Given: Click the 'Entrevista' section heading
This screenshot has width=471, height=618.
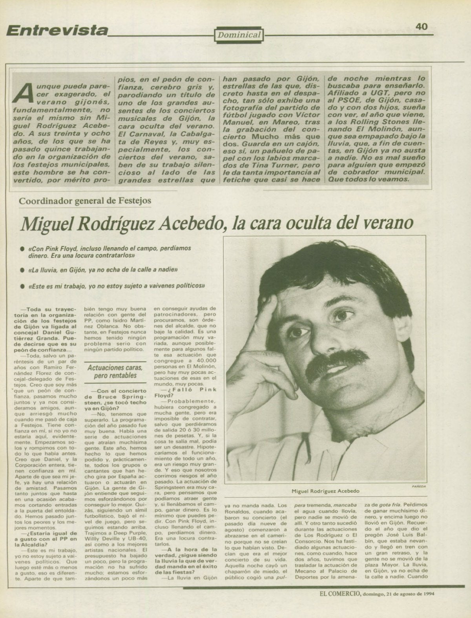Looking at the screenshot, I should [57, 30].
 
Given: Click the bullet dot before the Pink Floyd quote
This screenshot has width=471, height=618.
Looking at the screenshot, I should [22, 248].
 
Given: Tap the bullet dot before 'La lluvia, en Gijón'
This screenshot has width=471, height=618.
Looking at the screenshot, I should [22, 270].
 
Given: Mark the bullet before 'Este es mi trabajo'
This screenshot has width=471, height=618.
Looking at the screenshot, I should [22, 286].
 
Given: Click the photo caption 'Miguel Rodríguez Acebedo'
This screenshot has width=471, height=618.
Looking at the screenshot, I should [325, 491].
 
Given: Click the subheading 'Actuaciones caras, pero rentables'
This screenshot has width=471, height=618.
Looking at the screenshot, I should [115, 372].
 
